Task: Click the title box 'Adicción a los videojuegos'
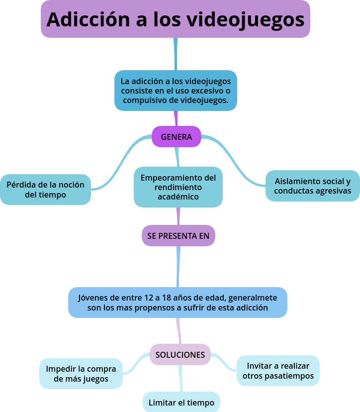pyautogui.click(x=175, y=19)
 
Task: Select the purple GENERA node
pyautogui.click(x=176, y=137)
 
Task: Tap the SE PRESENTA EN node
pyautogui.click(x=178, y=236)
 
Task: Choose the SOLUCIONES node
pyautogui.click(x=180, y=355)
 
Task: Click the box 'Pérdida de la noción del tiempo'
pyautogui.click(x=45, y=190)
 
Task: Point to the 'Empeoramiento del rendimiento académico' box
pyautogui.click(x=178, y=187)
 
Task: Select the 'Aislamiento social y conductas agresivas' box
pyautogui.click(x=312, y=186)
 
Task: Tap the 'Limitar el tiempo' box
pyautogui.click(x=181, y=403)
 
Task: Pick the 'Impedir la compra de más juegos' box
pyautogui.click(x=81, y=374)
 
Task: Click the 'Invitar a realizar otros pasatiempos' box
pyautogui.click(x=277, y=371)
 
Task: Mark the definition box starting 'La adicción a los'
pyautogui.click(x=176, y=90)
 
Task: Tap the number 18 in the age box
pyautogui.click(x=167, y=298)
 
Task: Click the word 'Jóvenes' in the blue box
pyautogui.click(x=92, y=298)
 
